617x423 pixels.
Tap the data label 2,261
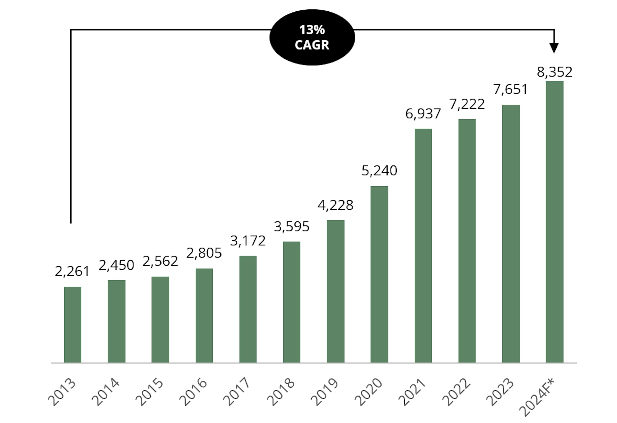(x=72, y=271)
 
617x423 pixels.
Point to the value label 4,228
(x=335, y=205)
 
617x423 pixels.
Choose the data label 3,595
(x=291, y=227)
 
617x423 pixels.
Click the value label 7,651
(x=510, y=90)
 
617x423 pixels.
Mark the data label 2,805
(x=204, y=253)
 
